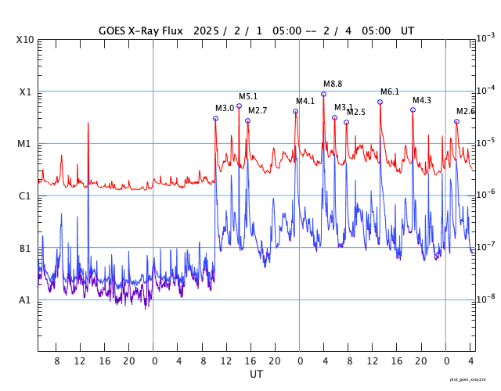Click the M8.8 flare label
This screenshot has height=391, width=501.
pos(333,84)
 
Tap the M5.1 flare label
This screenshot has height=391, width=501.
pos(248,96)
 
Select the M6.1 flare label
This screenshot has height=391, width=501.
pos(390,91)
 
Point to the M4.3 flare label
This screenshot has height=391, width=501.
pos(422,100)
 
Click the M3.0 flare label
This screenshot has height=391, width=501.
pos(225,108)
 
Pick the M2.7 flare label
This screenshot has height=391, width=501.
pos(258,110)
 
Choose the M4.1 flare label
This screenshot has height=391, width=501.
pos(305,101)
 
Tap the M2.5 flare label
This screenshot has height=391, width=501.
pos(356,112)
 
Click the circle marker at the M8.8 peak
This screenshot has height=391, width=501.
pos(323,94)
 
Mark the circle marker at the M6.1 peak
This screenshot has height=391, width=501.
pos(380,102)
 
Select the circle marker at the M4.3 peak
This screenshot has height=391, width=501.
pos(413,109)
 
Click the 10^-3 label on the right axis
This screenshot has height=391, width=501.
pos(485,38)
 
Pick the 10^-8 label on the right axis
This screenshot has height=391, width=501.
pos(485,298)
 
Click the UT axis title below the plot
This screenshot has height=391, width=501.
pos(256,375)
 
